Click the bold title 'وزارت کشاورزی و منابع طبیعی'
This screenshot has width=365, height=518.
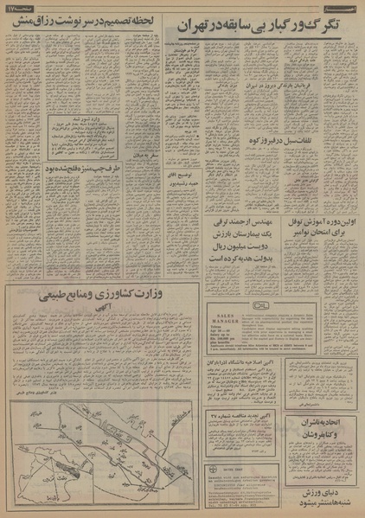point(100,296)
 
